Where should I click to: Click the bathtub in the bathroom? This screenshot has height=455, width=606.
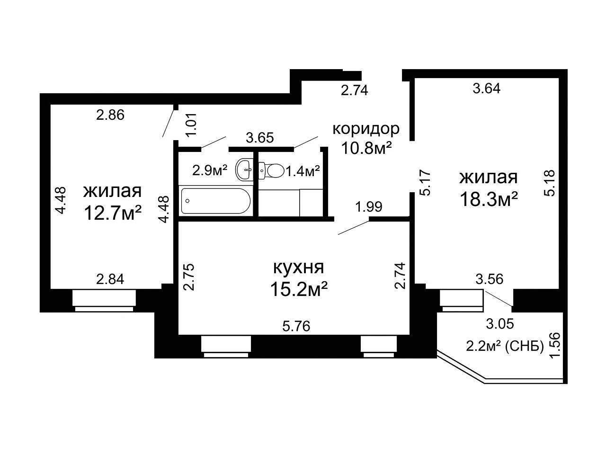point(215,201)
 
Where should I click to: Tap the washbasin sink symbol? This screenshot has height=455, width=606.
point(244,170)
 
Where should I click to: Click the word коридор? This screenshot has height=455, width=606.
point(366,129)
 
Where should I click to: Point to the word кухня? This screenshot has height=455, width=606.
point(298,268)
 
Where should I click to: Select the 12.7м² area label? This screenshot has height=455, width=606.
point(113,213)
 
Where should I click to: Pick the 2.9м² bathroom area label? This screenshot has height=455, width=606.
point(210,170)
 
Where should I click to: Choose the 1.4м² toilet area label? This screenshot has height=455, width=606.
point(303,171)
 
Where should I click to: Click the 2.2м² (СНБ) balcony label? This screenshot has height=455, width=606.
point(505,347)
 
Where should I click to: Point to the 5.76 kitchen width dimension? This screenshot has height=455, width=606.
point(296,326)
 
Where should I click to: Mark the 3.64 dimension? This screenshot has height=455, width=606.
point(486,89)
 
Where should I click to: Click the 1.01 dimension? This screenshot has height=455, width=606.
point(191,124)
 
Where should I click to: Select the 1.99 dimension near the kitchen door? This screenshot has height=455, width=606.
point(369,207)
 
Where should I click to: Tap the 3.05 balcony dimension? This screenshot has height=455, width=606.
point(500,323)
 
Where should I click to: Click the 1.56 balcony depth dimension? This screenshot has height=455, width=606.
point(555,345)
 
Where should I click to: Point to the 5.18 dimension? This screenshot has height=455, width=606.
point(549,183)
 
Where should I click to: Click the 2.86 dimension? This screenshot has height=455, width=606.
point(110,115)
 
